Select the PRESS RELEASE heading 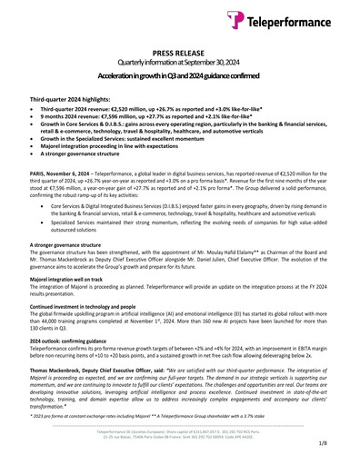pos(180,54)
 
